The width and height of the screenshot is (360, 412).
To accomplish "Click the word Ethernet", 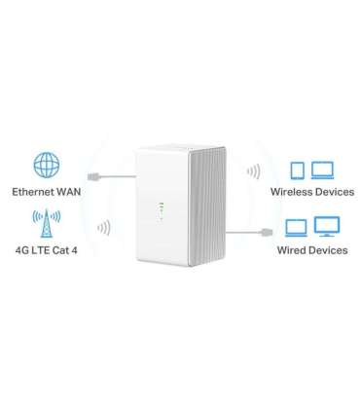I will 31,191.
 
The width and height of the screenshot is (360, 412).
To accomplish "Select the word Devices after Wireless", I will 331,192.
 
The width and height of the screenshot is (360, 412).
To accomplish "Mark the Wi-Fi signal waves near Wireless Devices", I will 250,171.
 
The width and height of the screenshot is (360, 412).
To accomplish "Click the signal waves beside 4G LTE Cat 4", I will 105,228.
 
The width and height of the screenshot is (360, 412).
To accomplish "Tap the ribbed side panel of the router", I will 216,205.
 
